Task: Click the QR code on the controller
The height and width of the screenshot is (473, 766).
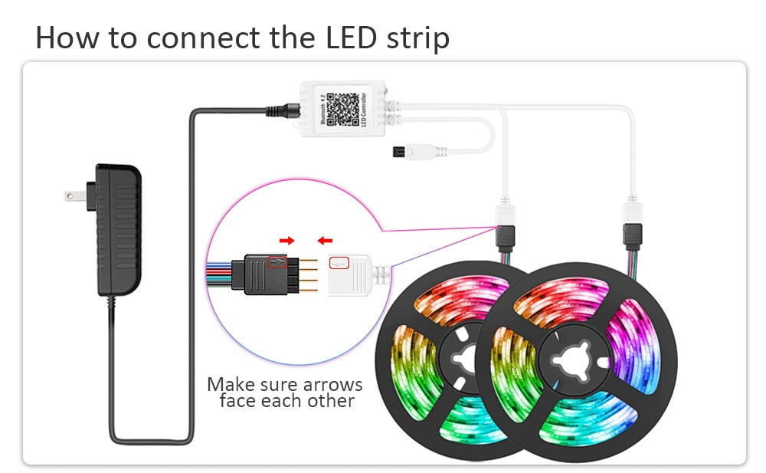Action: tap(343, 110)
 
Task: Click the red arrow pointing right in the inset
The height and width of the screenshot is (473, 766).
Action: tap(286, 241)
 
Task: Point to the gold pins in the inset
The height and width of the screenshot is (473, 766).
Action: tap(306, 274)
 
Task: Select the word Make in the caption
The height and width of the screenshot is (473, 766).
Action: tap(230, 384)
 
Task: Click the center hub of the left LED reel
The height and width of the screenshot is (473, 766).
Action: tap(460, 359)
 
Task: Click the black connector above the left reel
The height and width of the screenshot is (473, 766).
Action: tap(506, 233)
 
